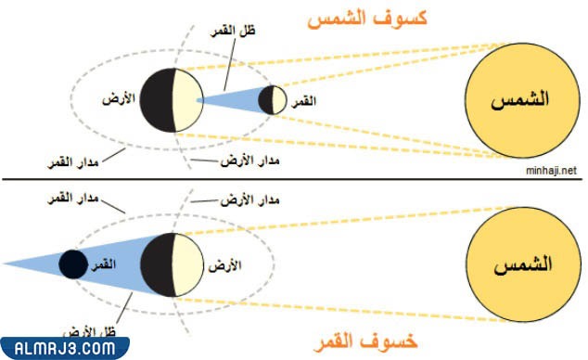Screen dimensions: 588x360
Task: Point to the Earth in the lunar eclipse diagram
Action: click(x=173, y=263)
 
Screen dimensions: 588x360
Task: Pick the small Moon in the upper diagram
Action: click(x=272, y=99)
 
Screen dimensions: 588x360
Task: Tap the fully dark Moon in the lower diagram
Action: click(x=73, y=264)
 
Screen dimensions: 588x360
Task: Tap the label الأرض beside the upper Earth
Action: click(x=124, y=96)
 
